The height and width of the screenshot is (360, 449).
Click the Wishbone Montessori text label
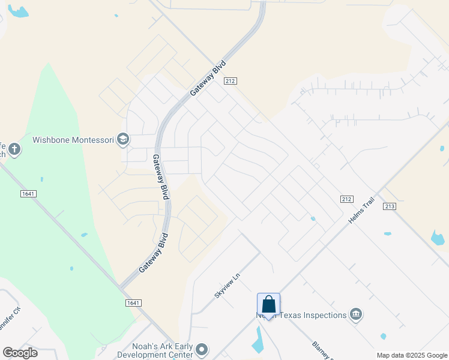click(x=73, y=140)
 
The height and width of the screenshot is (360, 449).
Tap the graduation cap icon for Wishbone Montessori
click(x=123, y=140)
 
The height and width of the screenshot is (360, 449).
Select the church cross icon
click(x=14, y=149)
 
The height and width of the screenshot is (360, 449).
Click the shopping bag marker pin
click(x=268, y=305)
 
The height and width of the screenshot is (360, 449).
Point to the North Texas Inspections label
click(x=300, y=315)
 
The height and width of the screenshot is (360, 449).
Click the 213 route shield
click(x=390, y=206)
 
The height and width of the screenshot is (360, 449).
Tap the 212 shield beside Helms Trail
click(x=346, y=199)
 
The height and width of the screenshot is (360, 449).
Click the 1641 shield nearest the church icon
click(x=28, y=193)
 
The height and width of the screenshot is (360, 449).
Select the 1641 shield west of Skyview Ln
click(x=133, y=303)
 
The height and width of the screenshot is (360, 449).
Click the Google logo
click(x=20, y=353)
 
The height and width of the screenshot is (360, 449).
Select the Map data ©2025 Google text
click(x=411, y=355)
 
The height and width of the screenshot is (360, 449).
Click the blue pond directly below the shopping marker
click(x=259, y=340)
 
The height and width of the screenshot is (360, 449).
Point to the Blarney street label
click(x=322, y=350)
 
